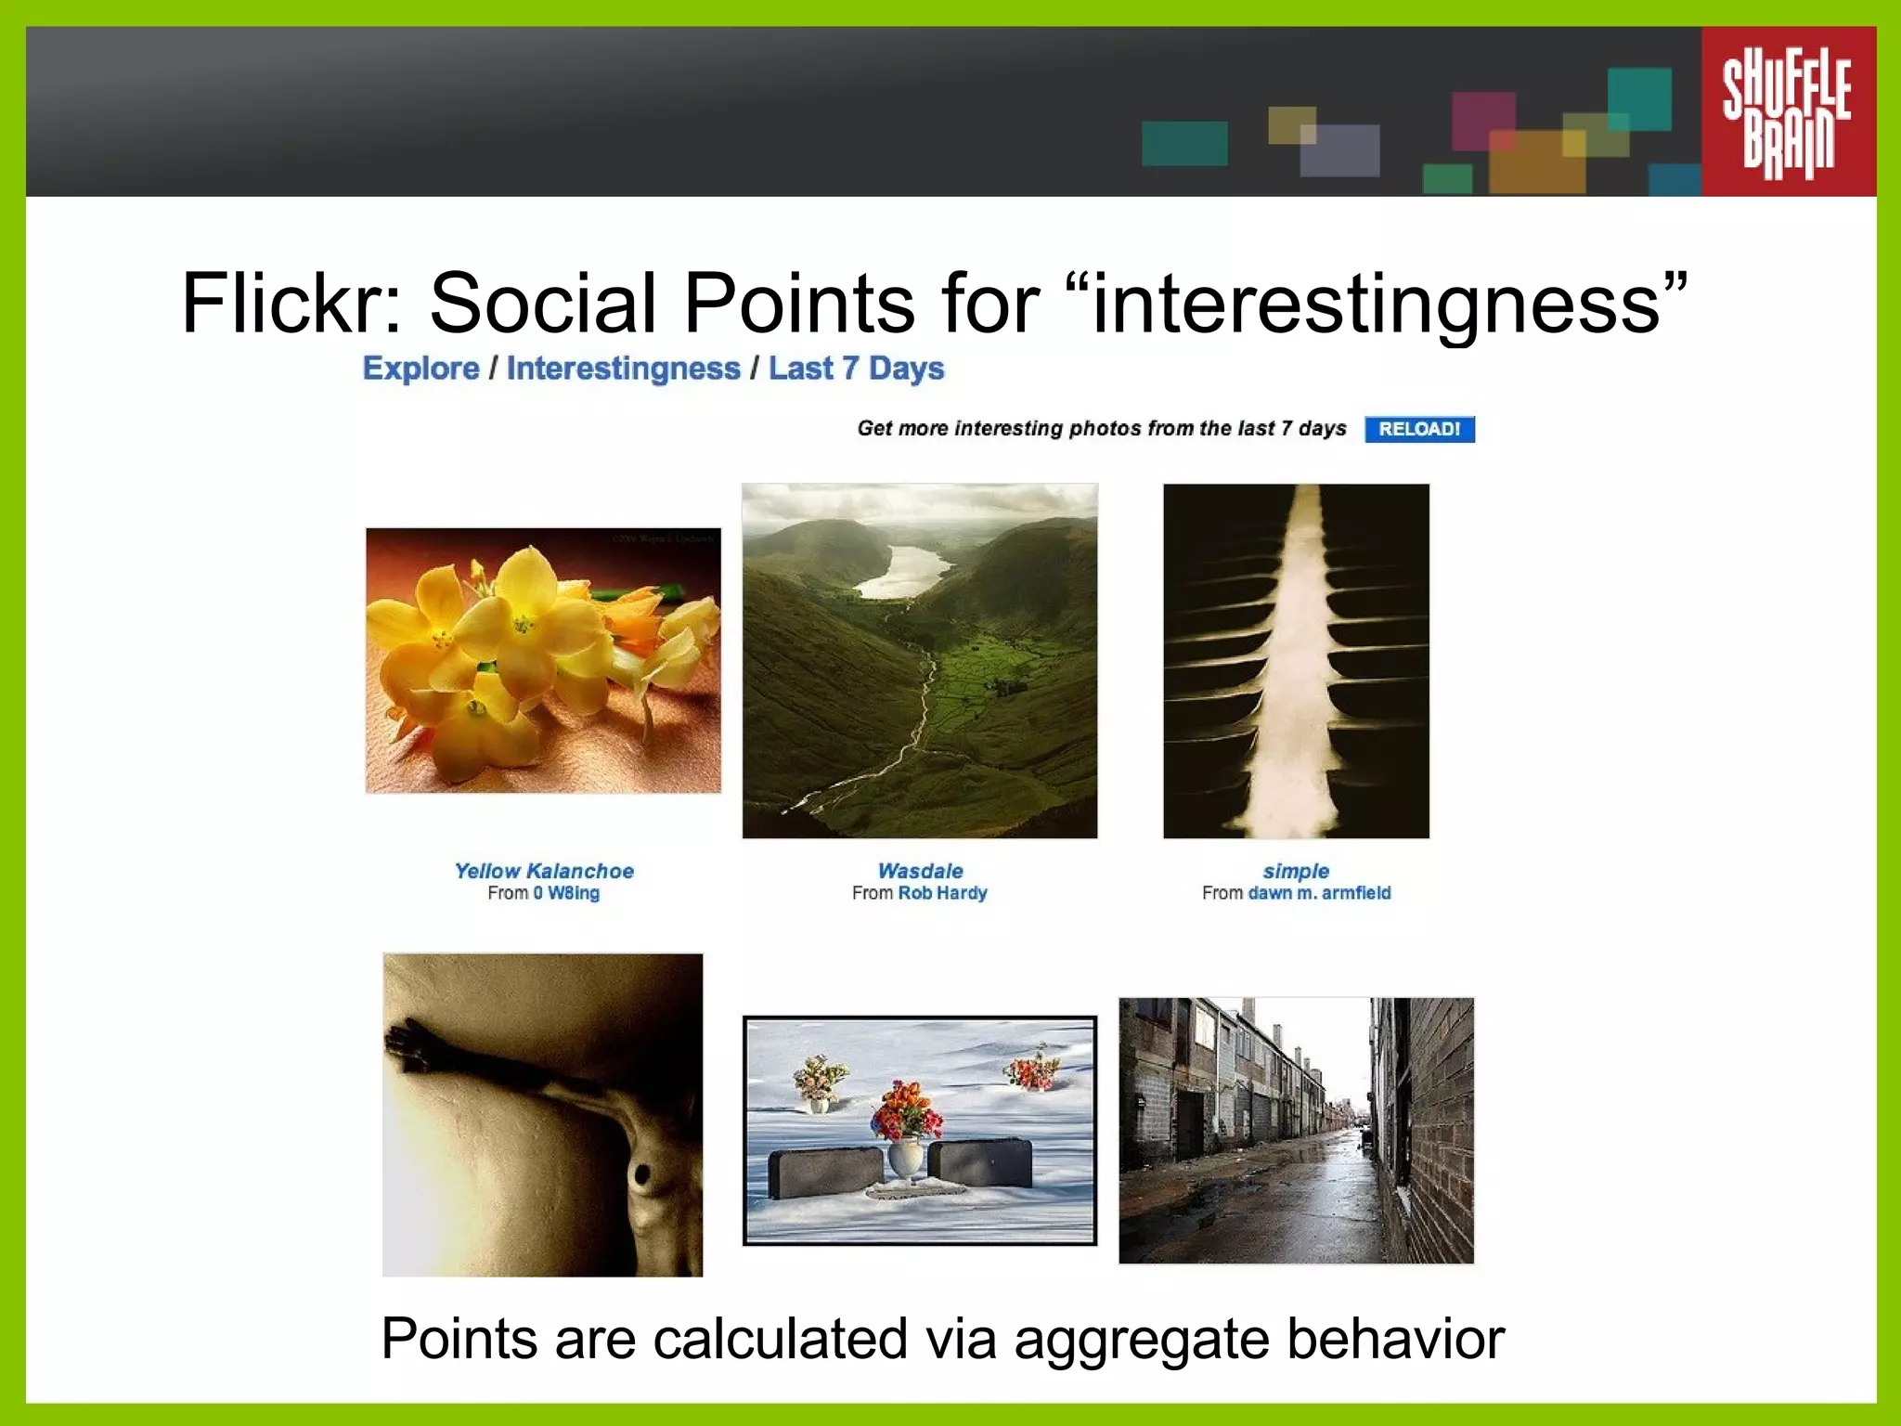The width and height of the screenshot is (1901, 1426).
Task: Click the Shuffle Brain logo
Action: (1787, 111)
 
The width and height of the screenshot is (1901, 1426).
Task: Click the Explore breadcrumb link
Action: (420, 369)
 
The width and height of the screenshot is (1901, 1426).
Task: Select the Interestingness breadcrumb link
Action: (623, 369)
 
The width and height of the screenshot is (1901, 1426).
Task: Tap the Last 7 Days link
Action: (856, 369)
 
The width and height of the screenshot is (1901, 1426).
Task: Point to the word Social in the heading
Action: (543, 304)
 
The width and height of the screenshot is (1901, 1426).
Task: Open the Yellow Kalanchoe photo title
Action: (544, 871)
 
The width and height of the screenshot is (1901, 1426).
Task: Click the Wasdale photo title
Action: (920, 871)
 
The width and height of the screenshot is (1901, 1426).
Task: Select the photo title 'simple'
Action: (1296, 871)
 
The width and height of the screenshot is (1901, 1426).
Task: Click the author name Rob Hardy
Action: (942, 893)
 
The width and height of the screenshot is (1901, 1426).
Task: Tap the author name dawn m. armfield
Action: (1319, 893)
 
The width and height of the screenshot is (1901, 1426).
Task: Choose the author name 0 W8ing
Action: (566, 893)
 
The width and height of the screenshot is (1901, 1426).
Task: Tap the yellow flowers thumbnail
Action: (543, 660)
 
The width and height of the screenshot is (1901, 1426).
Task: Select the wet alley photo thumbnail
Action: (1296, 1130)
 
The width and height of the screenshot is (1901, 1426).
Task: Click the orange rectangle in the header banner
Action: (1536, 162)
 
